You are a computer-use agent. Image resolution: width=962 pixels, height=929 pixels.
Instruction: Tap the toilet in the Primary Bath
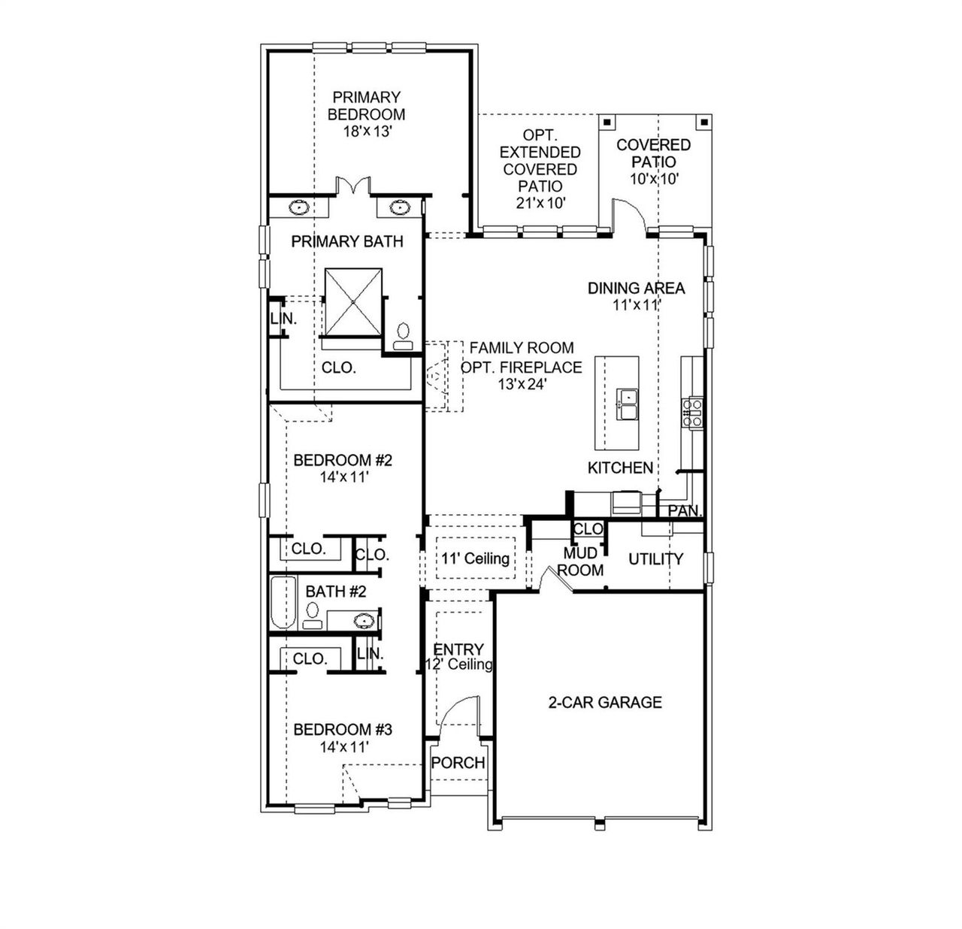(404, 334)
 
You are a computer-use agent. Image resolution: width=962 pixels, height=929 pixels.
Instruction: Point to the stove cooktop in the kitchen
(691, 413)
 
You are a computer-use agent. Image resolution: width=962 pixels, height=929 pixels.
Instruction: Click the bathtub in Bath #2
(284, 604)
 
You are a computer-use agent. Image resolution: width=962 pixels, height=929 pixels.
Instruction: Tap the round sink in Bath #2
(365, 621)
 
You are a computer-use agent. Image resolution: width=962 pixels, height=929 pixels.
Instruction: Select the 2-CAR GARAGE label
(605, 702)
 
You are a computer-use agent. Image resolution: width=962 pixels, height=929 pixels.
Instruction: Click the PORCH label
(458, 763)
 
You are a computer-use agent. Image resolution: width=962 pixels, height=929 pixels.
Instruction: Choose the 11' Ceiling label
(475, 558)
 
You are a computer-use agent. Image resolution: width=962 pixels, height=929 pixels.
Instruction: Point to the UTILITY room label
(655, 558)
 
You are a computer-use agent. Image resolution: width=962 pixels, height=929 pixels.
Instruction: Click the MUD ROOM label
(580, 562)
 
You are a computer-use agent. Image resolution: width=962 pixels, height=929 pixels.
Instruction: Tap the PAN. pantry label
(684, 511)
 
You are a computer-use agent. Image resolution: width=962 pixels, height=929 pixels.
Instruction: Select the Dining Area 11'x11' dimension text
(636, 305)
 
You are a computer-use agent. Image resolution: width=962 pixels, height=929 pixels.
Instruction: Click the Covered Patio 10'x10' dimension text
(653, 179)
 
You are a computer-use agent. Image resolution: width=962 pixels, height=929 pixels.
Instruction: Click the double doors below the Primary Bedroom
(352, 186)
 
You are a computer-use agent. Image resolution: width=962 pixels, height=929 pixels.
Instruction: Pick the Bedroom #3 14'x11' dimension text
(343, 747)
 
